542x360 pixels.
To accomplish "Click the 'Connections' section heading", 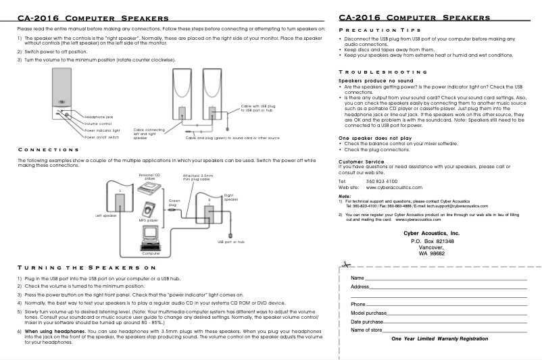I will pos(49,149).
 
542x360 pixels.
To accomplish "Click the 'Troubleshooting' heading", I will pos(383,72).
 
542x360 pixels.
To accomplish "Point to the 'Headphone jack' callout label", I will pos(99,117).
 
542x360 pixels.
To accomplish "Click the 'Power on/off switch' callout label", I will pos(102,137).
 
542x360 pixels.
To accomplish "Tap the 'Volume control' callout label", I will pos(98,124).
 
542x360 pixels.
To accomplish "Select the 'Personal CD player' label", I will pos(149,177).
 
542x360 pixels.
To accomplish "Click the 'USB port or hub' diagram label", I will pos(230,241).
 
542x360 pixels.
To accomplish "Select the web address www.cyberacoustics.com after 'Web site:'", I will pos(394,187).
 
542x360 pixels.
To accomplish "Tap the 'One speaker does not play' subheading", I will pos(374,137).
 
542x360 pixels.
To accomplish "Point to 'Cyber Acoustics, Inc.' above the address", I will pos(430,232).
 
